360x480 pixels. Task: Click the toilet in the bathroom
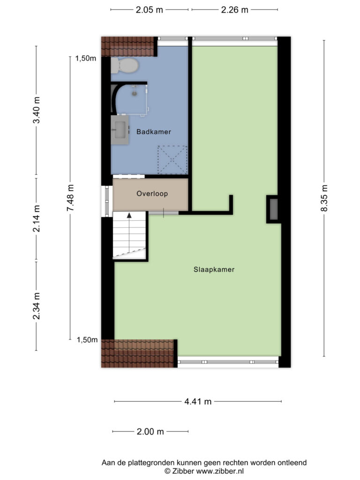pyautogui.click(x=125, y=65)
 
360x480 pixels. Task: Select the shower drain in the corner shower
pyautogui.click(x=135, y=93)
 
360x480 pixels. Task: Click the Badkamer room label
pyautogui.click(x=154, y=132)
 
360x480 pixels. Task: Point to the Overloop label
pyautogui.click(x=152, y=194)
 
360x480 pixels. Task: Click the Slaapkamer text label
pyautogui.click(x=214, y=270)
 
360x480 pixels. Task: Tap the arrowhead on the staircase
pyautogui.click(x=129, y=215)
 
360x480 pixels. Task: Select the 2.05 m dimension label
pyautogui.click(x=150, y=10)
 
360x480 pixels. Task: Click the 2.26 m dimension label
pyautogui.click(x=234, y=10)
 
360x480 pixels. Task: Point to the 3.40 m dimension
pyautogui.click(x=37, y=110)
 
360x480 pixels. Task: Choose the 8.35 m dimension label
pyautogui.click(x=324, y=198)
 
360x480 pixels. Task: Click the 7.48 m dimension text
pyautogui.click(x=70, y=198)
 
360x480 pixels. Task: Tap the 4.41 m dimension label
pyautogui.click(x=198, y=401)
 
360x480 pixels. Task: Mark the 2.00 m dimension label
pyautogui.click(x=150, y=432)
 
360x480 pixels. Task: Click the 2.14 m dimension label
pyautogui.click(x=37, y=218)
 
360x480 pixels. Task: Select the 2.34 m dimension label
pyautogui.click(x=37, y=306)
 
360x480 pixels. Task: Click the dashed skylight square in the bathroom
pyautogui.click(x=172, y=160)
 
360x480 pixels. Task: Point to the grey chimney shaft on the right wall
pyautogui.click(x=274, y=209)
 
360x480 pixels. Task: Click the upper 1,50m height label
pyautogui.click(x=86, y=58)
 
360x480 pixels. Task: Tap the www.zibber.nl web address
pyautogui.click(x=220, y=471)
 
